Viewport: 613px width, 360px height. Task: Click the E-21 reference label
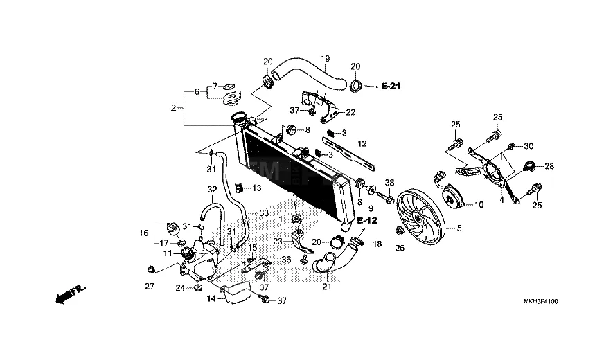point(391,86)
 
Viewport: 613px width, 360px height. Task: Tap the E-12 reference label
point(367,221)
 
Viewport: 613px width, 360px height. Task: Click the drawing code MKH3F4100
point(541,301)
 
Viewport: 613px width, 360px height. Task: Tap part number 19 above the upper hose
point(326,59)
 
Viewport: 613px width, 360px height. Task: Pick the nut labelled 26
point(400,231)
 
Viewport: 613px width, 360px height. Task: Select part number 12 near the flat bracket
point(362,143)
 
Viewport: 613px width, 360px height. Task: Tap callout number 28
point(549,166)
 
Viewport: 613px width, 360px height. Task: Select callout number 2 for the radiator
point(174,108)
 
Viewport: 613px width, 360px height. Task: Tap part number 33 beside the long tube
point(265,213)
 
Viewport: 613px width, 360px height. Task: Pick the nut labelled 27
point(151,269)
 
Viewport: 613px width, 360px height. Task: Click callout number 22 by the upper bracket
point(350,112)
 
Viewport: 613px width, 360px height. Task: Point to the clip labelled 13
point(239,188)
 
